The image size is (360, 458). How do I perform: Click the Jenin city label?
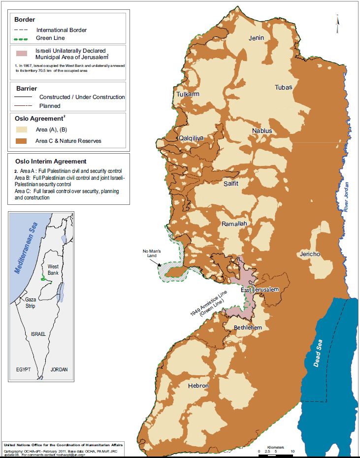pos(256,38)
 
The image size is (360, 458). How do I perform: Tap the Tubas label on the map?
pos(283,87)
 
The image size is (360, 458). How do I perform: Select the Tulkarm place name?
pos(188,94)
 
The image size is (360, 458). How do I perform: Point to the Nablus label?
pos(262,131)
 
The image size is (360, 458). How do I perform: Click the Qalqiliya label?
pos(191,138)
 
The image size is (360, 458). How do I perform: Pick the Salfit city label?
pos(230,183)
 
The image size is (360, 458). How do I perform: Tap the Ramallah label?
pos(234,224)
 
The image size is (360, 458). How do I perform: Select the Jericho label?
pos(309,254)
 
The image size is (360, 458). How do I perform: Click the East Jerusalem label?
pos(260,290)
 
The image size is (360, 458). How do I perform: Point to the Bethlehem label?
pos(248,327)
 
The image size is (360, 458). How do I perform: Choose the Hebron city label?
pos(198,386)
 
